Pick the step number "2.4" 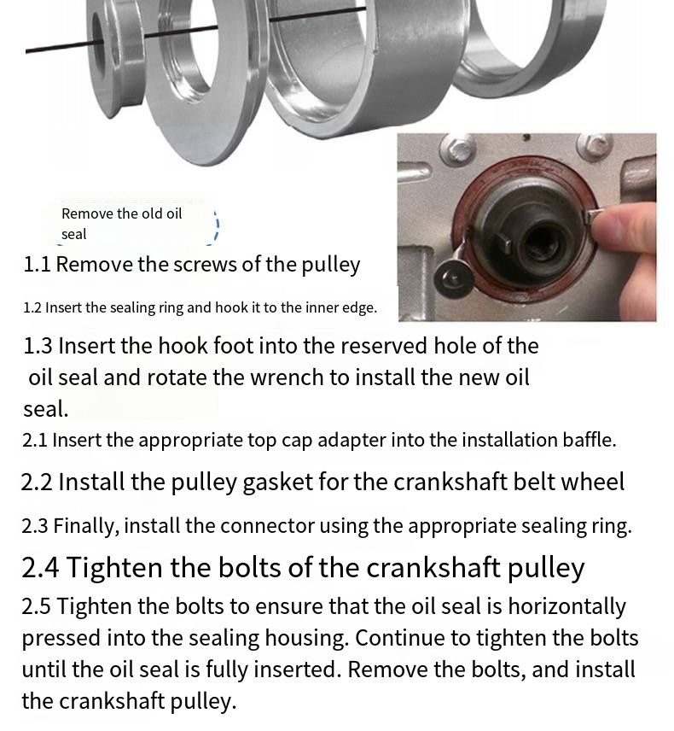coord(40,567)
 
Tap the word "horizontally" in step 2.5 coord(567,607)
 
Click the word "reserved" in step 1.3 coord(342,346)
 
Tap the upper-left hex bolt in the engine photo coord(457,149)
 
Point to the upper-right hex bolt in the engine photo coord(595,146)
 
